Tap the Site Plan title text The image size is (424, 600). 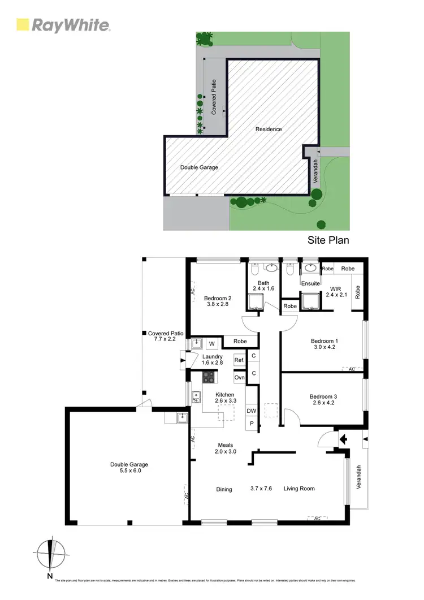pyautogui.click(x=328, y=240)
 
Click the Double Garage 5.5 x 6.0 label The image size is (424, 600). pyautogui.click(x=129, y=468)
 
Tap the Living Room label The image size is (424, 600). pyautogui.click(x=299, y=489)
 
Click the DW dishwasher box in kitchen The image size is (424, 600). pyautogui.click(x=251, y=411)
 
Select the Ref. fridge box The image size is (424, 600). pyautogui.click(x=239, y=360)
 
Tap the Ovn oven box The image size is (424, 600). pyautogui.click(x=239, y=377)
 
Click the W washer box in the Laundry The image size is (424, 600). pyautogui.click(x=211, y=343)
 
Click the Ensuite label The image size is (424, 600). pyautogui.click(x=310, y=283)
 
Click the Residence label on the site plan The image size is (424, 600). pyautogui.click(x=269, y=130)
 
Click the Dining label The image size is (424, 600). pyautogui.click(x=224, y=489)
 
